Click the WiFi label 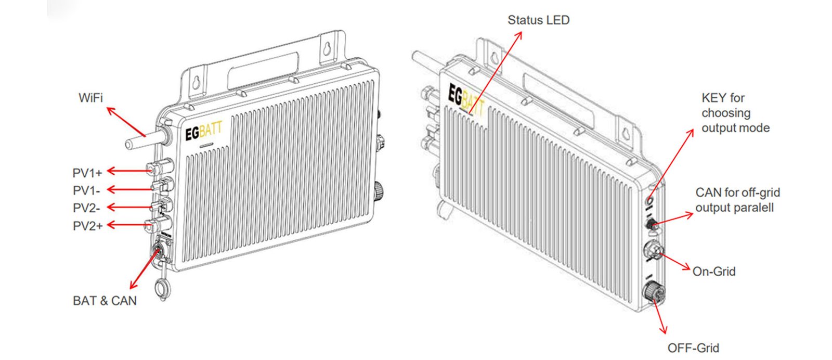coord(90,97)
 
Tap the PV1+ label coord(87,173)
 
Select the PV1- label coord(86,190)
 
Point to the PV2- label coord(86,208)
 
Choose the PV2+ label coord(87,226)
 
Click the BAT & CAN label coord(105,301)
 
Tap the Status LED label coord(538,20)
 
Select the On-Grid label coord(714,271)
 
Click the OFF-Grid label coord(693,348)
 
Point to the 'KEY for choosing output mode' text coord(735,113)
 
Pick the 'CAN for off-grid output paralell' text coord(737,200)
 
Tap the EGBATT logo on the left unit coord(203,132)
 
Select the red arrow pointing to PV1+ coord(127,171)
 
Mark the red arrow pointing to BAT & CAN coord(145,268)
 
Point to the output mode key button coord(649,199)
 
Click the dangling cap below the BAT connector coord(162,288)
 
